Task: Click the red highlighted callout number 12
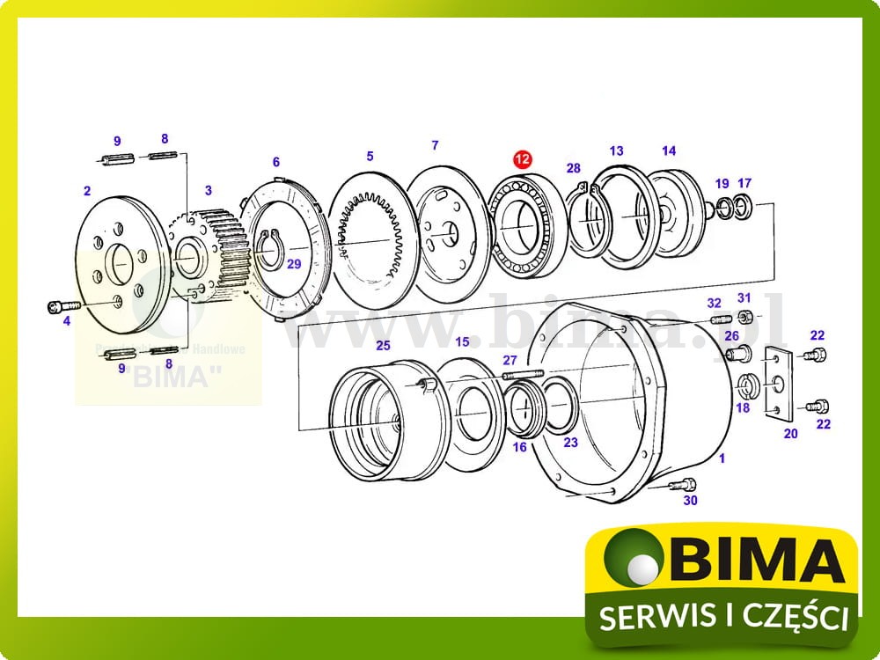pyautogui.click(x=523, y=159)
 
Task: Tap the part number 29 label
pyautogui.click(x=294, y=264)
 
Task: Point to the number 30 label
pyautogui.click(x=690, y=501)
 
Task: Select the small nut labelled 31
pyautogui.click(x=744, y=317)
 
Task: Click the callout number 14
pyautogui.click(x=669, y=150)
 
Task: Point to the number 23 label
pyautogui.click(x=570, y=443)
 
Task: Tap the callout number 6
pyautogui.click(x=275, y=162)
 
